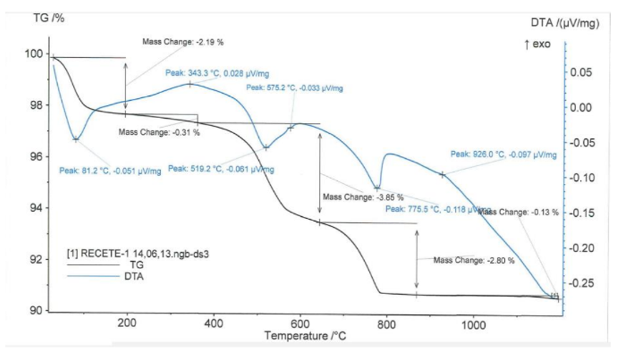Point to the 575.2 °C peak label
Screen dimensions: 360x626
point(294,88)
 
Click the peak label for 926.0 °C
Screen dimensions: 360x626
point(503,154)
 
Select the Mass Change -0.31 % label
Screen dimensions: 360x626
point(159,132)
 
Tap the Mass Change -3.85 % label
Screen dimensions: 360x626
point(363,197)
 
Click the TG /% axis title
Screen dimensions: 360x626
point(49,17)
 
